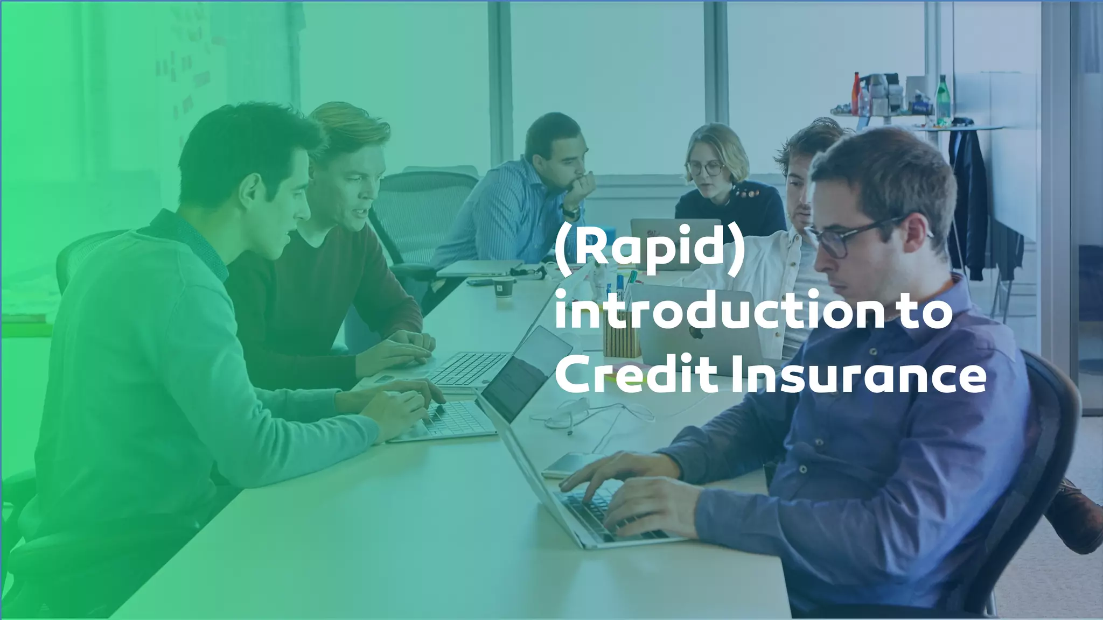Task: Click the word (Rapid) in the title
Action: (650, 251)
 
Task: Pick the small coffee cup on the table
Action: (503, 287)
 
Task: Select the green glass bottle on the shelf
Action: (943, 98)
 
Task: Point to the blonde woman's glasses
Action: (706, 168)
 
